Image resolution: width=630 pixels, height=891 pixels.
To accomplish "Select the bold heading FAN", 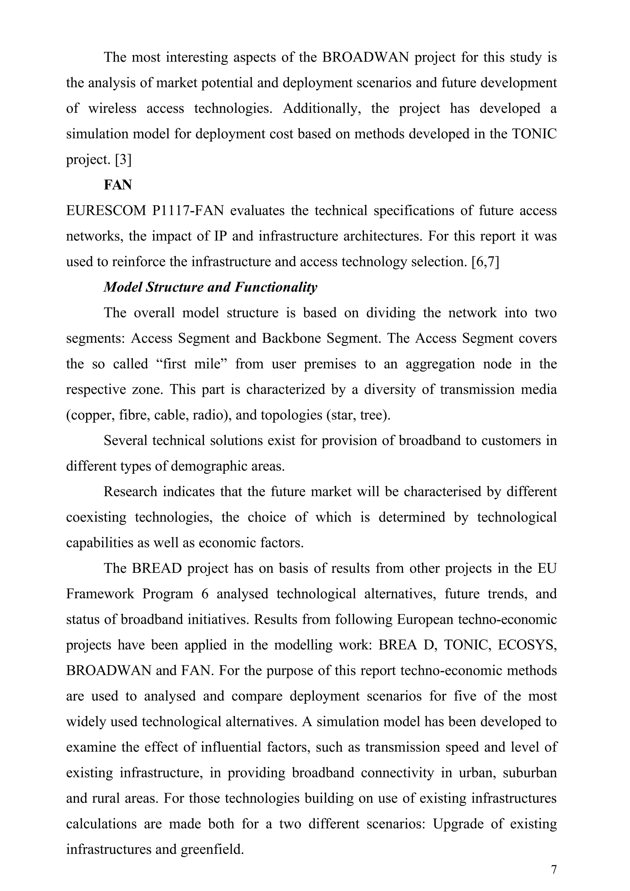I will tap(118, 185).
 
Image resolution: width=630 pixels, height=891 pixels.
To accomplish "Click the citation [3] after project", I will tap(123, 160).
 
